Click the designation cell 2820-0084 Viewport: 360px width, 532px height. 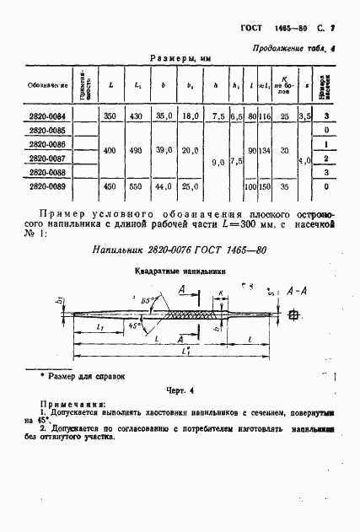click(48, 116)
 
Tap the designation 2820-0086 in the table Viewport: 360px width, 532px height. click(48, 144)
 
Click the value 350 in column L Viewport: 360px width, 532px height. click(111, 116)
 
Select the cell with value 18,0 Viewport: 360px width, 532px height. click(191, 116)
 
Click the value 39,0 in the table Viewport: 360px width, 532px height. click(164, 150)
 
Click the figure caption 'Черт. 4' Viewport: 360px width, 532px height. click(180, 390)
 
